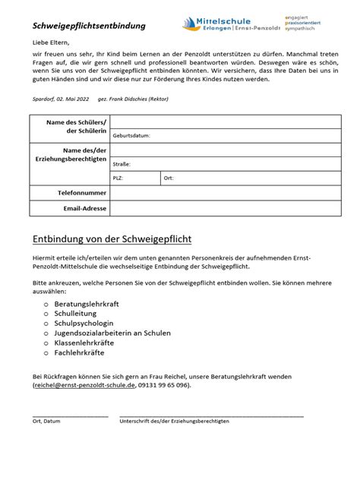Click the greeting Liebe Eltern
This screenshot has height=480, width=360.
(51, 43)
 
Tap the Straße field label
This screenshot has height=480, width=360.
(122, 163)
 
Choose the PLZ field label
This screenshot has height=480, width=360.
(118, 178)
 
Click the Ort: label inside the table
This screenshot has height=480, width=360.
(169, 178)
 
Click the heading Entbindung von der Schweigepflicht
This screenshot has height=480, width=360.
(112, 238)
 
